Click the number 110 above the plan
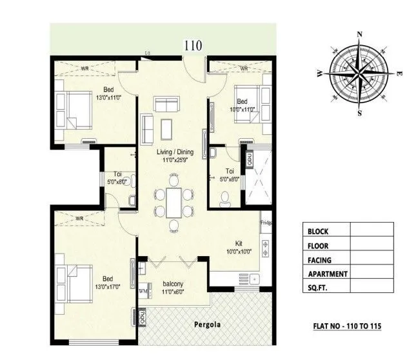tap(193, 45)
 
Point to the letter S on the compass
tap(360, 112)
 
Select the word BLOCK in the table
tap(319, 230)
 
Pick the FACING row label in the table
tap(321, 259)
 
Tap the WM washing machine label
tap(143, 292)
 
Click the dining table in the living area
tap(172, 204)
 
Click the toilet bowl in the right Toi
tap(224, 199)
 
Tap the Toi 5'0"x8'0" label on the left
tap(117, 177)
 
